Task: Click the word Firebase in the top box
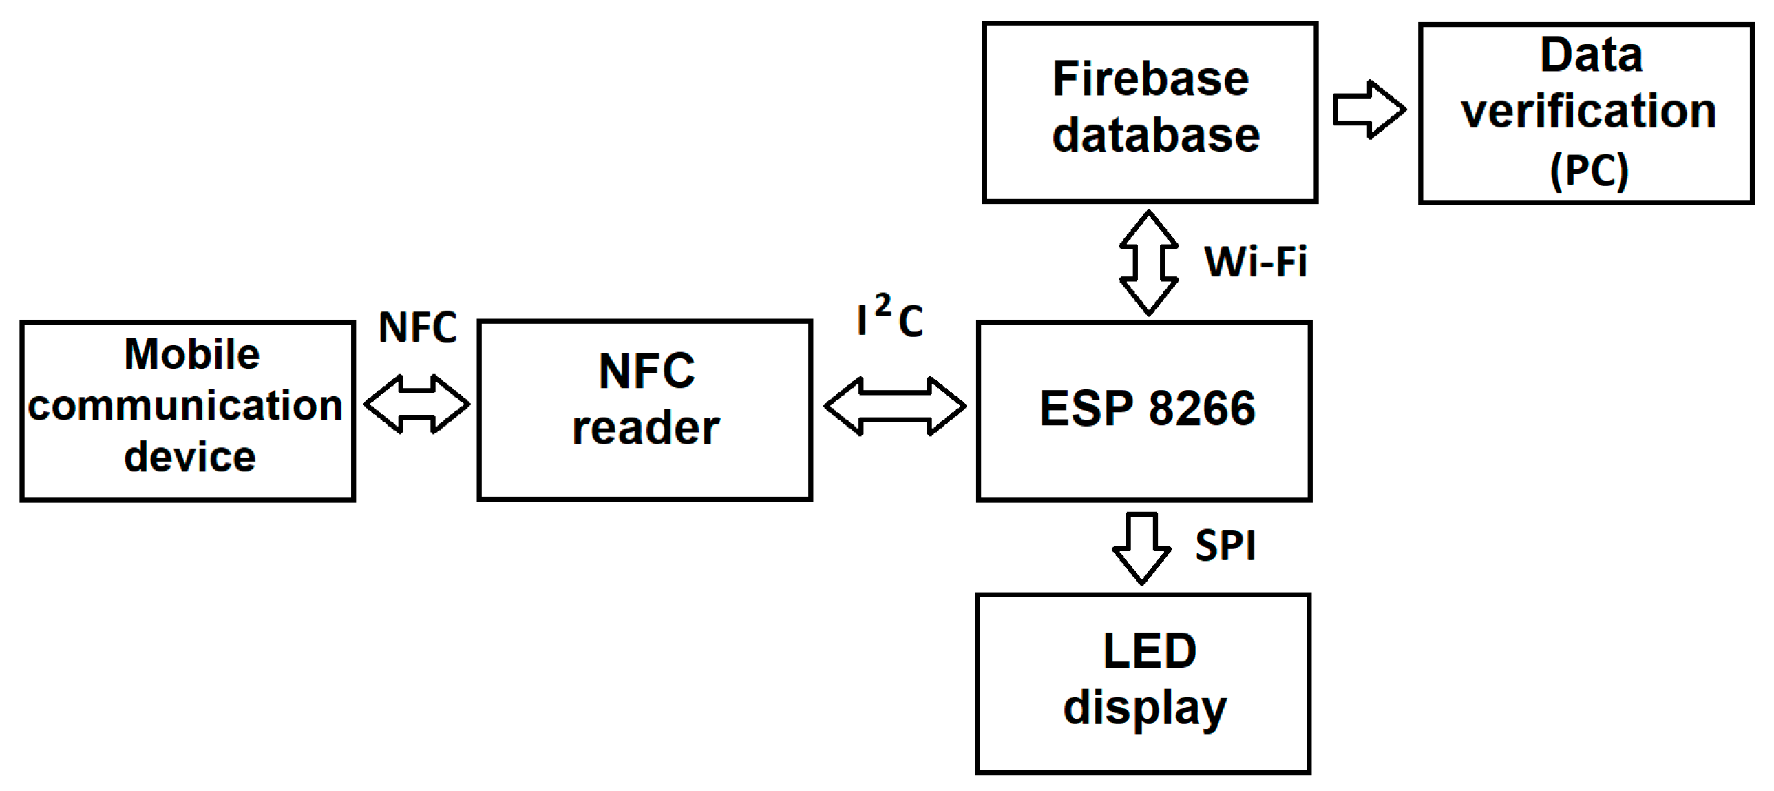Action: tap(1151, 79)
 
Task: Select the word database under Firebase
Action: tap(1157, 135)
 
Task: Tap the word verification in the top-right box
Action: tap(1589, 112)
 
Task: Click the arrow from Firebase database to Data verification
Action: tap(1369, 110)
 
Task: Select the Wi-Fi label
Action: tap(1256, 263)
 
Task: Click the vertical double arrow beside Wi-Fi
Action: tap(1149, 263)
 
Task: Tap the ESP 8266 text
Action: tap(1148, 409)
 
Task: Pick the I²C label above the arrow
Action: tap(890, 318)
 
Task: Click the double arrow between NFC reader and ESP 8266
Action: tap(895, 406)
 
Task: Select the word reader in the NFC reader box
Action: tap(646, 429)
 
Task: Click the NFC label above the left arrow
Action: tap(418, 327)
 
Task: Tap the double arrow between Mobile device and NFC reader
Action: tap(416, 404)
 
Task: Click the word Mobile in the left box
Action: tap(192, 355)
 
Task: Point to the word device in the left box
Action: tap(190, 457)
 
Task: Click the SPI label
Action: tap(1225, 546)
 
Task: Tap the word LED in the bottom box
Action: tap(1150, 651)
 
